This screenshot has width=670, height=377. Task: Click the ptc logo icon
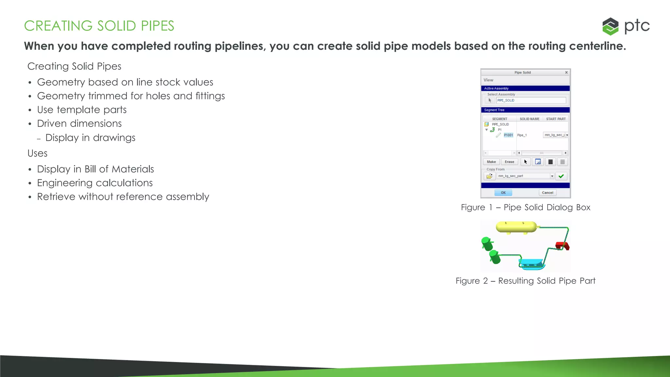point(610,26)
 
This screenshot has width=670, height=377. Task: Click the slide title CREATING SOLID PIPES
point(99,26)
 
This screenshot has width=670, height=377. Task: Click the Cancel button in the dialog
point(547,193)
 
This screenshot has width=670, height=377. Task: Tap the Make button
point(491,162)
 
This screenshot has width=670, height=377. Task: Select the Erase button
point(509,162)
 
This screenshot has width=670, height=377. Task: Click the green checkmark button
point(561,176)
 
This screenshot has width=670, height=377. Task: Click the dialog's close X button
point(566,73)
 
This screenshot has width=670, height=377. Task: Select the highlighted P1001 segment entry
point(508,135)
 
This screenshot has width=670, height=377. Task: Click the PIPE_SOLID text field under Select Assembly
point(531,100)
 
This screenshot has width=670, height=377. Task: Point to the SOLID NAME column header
point(529,119)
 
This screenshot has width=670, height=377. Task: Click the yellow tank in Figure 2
point(516,227)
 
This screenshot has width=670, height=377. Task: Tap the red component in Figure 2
point(562,245)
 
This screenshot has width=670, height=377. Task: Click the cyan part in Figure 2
point(531,263)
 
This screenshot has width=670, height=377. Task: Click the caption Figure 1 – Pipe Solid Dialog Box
point(525,207)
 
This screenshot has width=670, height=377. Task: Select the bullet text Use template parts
point(82,110)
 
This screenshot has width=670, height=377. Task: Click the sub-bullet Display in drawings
point(90,138)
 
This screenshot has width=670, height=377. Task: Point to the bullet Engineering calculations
point(95,183)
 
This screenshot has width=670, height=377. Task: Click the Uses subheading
point(37,153)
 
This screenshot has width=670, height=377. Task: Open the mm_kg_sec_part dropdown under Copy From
point(552,176)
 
